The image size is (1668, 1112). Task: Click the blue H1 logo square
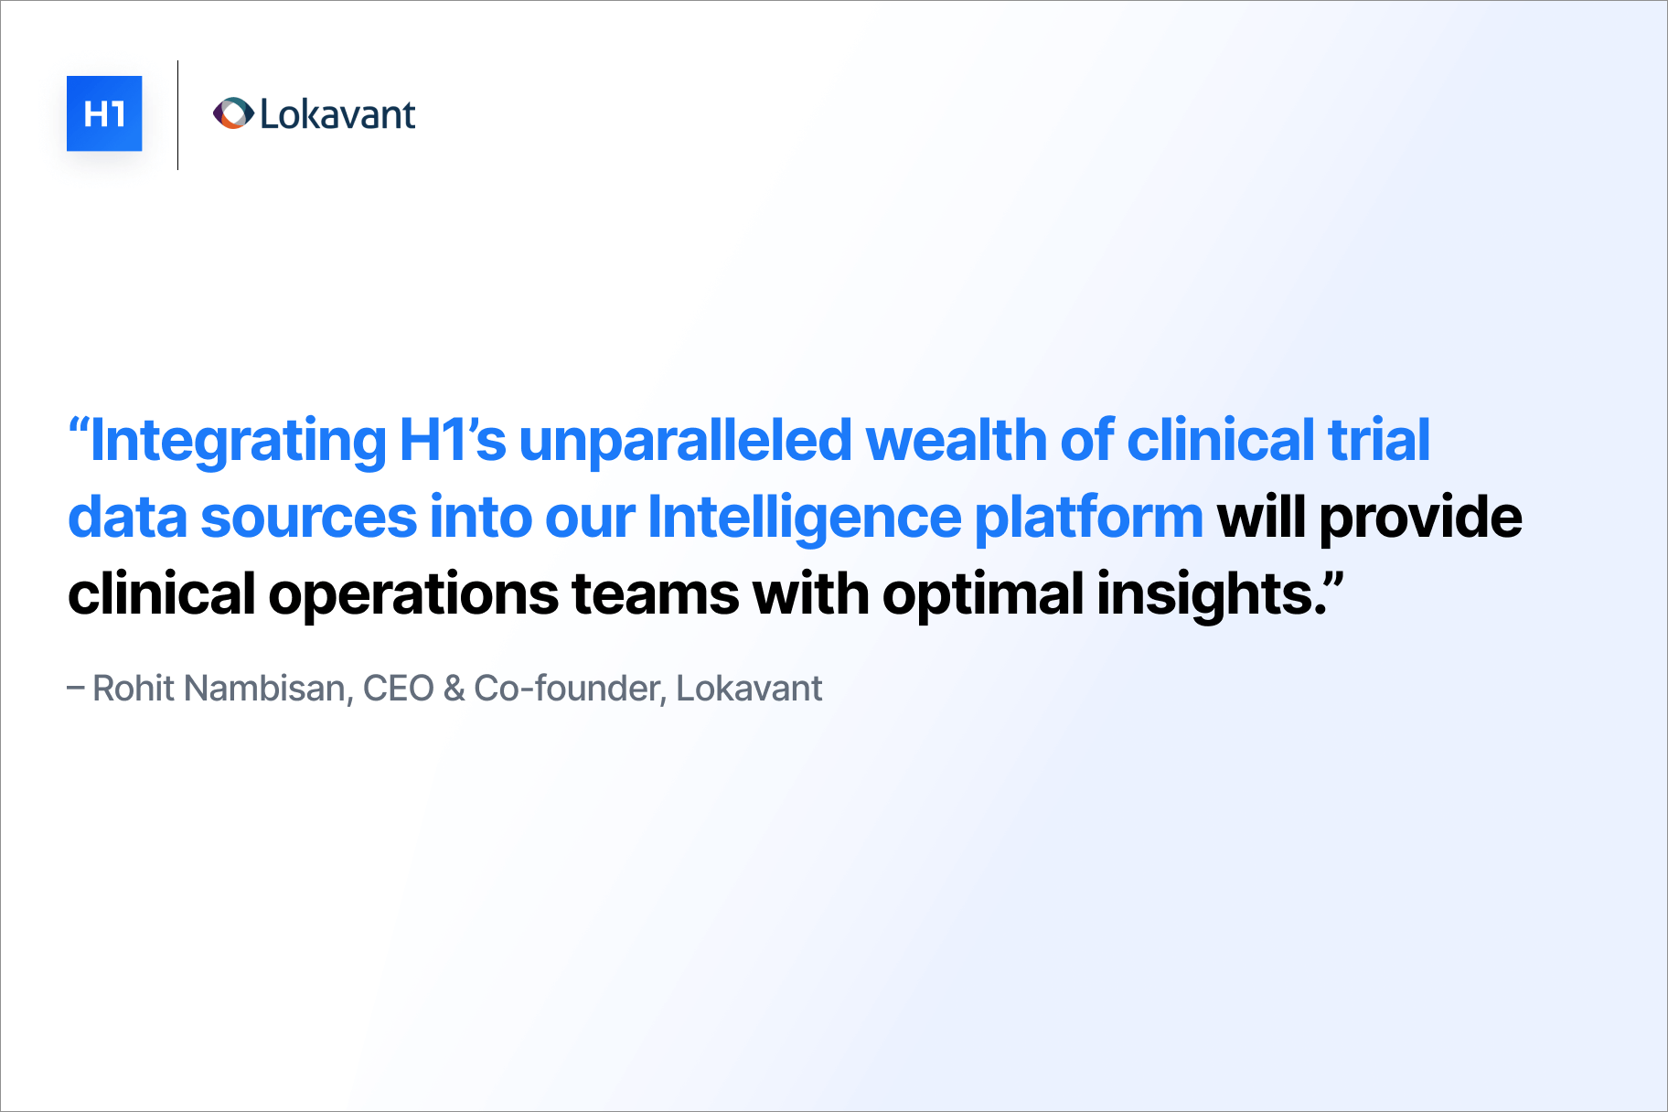click(104, 113)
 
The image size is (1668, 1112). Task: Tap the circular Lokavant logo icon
click(233, 113)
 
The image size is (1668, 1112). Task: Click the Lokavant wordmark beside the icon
click(337, 114)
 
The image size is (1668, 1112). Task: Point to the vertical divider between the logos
click(177, 115)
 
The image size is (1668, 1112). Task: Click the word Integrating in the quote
click(238, 441)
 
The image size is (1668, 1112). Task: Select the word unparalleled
click(685, 440)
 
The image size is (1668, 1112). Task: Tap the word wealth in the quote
click(956, 440)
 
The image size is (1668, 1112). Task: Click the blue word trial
click(1378, 440)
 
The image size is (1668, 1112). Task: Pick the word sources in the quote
click(308, 518)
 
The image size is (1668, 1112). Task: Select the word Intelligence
click(805, 518)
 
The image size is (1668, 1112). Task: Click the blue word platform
click(1088, 518)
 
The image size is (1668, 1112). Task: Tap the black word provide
click(1420, 518)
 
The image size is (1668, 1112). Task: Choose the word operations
click(413, 595)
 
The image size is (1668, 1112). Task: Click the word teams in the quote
click(655, 594)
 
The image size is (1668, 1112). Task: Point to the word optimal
click(983, 594)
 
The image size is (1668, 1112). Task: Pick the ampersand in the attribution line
click(454, 689)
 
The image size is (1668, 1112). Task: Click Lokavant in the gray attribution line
click(749, 688)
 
